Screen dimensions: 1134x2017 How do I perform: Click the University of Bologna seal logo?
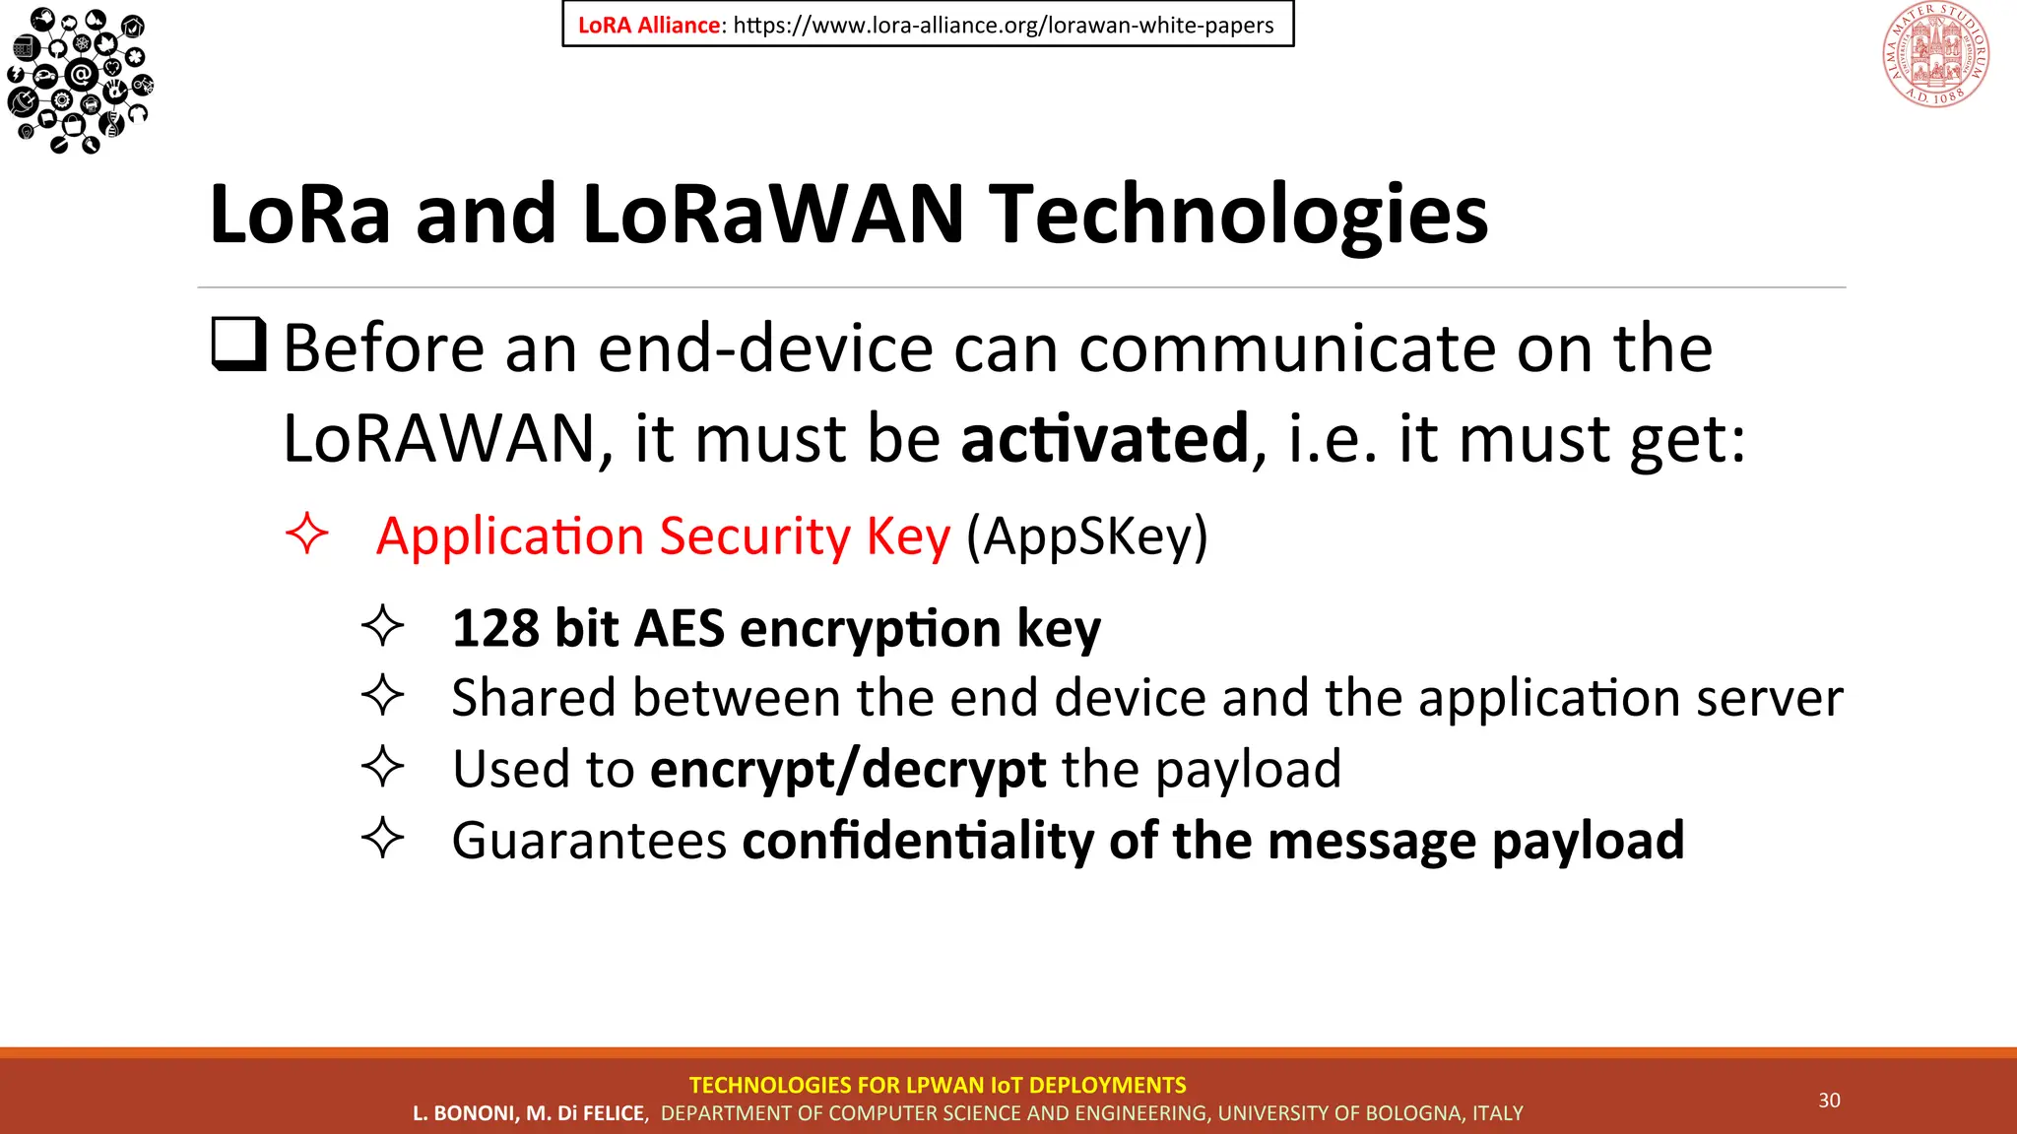click(1935, 55)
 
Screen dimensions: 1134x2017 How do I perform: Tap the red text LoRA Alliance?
click(648, 26)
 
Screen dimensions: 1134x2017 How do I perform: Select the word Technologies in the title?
click(1238, 215)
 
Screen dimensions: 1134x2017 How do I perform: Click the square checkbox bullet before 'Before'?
click(239, 344)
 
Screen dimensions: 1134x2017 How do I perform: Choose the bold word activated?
click(1104, 438)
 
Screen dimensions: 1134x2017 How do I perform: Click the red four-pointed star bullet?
click(306, 534)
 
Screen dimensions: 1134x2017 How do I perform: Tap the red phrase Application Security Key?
click(663, 536)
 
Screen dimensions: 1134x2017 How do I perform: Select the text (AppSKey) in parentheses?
click(1086, 536)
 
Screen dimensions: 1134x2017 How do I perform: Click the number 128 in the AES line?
click(494, 628)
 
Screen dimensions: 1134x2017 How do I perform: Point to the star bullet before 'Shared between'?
click(382, 696)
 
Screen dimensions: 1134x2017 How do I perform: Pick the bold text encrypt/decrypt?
click(847, 769)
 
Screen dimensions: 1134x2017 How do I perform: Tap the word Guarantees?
click(589, 841)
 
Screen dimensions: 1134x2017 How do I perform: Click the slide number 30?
click(1829, 1101)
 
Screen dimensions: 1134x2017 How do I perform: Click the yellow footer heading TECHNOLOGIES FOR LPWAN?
click(937, 1085)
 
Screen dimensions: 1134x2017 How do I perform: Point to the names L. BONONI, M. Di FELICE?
click(530, 1113)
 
